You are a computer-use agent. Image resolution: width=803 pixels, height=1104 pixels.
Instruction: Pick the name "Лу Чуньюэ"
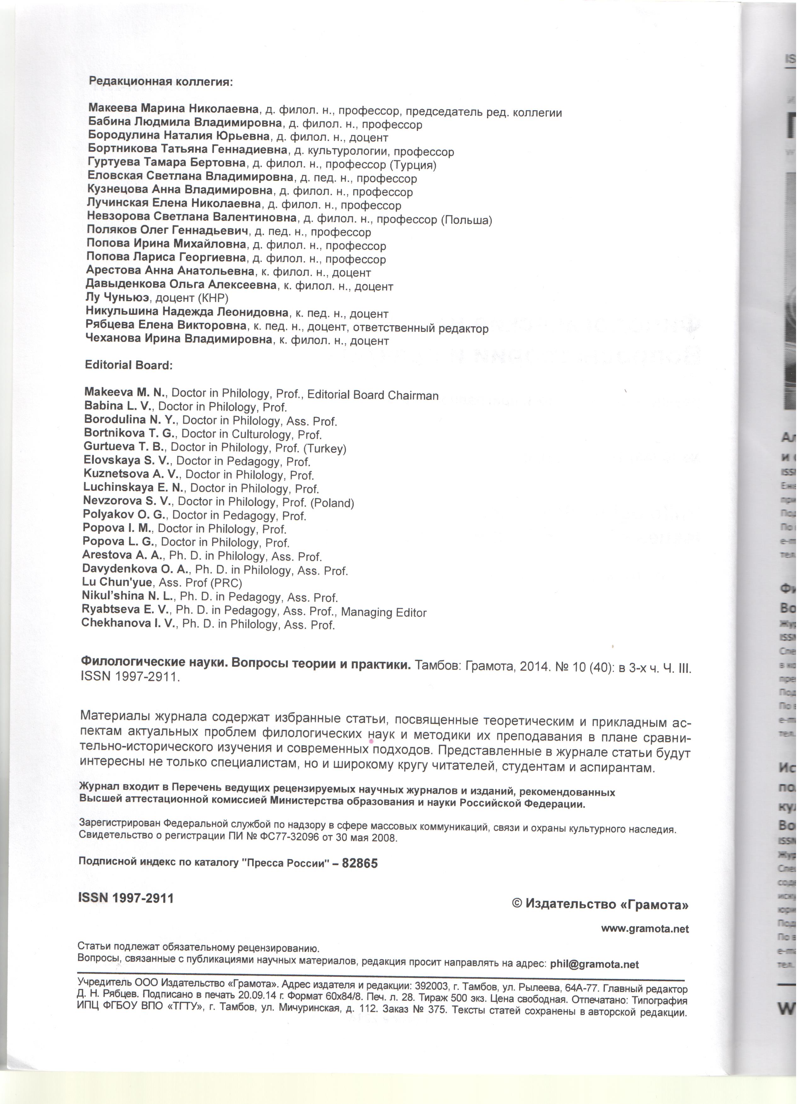[x=117, y=297]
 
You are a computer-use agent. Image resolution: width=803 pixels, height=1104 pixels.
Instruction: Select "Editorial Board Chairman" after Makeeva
[x=373, y=395]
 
